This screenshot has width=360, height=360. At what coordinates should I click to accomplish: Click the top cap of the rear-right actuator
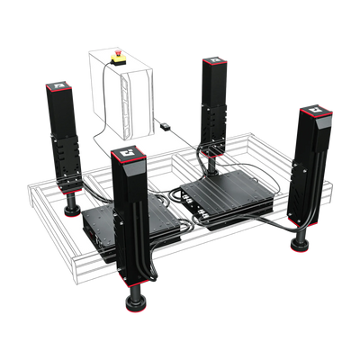(212, 61)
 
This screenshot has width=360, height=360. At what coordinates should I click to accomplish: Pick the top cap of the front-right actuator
(317, 112)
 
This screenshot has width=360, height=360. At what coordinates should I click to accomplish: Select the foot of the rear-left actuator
(68, 212)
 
